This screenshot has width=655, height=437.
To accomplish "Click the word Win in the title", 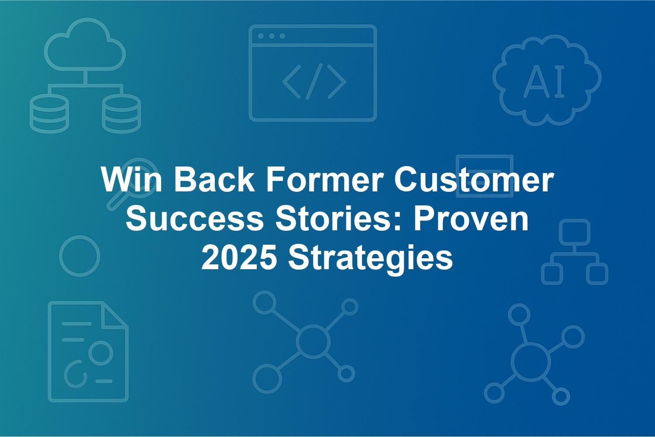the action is coord(131,179).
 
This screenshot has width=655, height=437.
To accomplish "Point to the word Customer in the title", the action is coord(474,179).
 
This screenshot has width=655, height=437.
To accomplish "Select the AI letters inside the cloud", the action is coord(544,82).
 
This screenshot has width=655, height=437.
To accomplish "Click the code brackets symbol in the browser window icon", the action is coord(314,81).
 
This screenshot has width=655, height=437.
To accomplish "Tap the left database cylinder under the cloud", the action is coord(49,114).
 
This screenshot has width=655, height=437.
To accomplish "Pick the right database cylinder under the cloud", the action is coord(121,114).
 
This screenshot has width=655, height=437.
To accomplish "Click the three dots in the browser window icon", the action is coord(272,36).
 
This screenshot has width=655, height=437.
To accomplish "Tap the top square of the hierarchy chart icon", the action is coord(575,232).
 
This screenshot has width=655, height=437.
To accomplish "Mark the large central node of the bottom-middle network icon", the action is coord(313,341).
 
